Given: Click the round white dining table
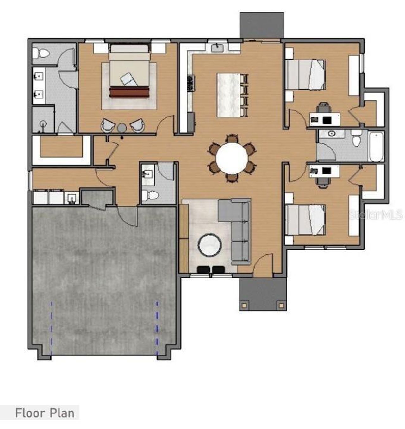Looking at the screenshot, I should point(232,158).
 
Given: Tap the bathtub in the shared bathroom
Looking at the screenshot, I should point(376,147).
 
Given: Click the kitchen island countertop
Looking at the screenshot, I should point(228,95).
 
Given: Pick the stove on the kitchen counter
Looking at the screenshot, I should point(190,83).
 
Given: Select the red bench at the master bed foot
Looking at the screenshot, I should point(129,92).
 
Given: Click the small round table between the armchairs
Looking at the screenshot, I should point(122,128).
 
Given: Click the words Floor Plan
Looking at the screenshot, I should point(45,413).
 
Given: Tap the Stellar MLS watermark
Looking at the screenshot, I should point(376,215).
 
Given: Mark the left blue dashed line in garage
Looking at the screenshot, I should point(52,328).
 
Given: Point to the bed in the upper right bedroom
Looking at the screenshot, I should point(305,74).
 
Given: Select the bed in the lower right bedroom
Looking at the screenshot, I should point(305,220).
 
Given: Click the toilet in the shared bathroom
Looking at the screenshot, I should point(356,139).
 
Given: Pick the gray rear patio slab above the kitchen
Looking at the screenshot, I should point(261,25).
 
